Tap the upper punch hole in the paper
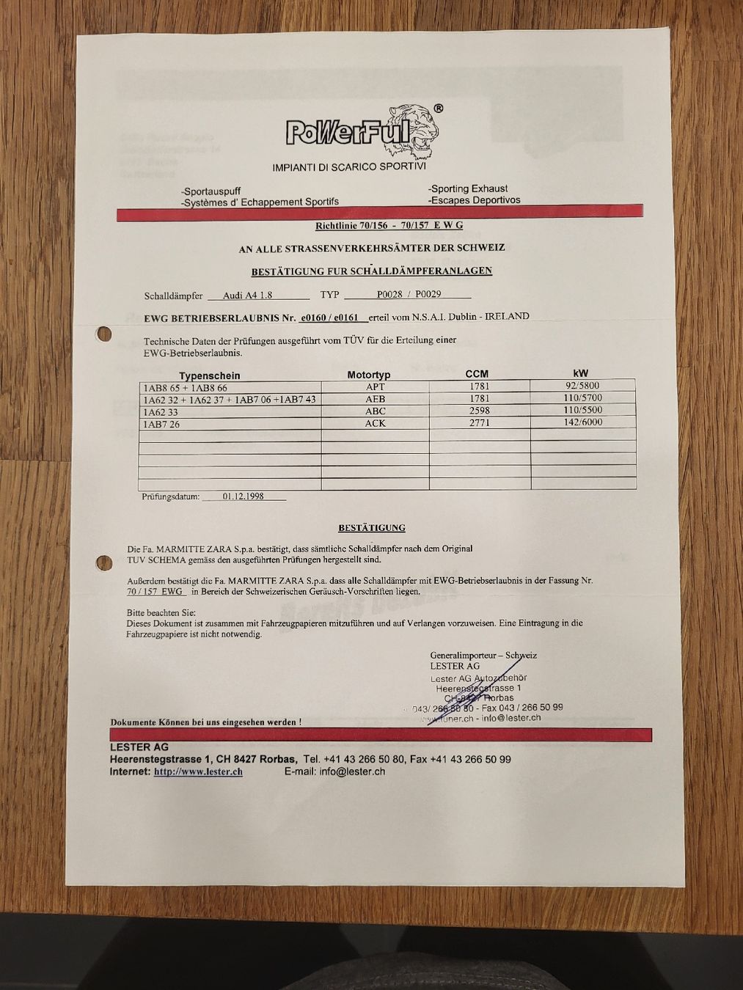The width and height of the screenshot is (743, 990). (x=103, y=334)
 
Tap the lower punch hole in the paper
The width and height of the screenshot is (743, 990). (x=102, y=563)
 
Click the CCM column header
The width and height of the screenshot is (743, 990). (x=477, y=374)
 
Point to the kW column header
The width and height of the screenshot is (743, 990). (x=581, y=373)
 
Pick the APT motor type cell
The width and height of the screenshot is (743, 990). (x=375, y=386)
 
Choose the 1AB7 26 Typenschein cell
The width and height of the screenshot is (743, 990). (x=161, y=424)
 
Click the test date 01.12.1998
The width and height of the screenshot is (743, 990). (x=243, y=496)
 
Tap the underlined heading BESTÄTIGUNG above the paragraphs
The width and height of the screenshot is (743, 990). (x=371, y=527)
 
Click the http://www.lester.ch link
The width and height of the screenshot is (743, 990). (x=198, y=771)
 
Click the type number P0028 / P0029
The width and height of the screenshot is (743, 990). (x=409, y=295)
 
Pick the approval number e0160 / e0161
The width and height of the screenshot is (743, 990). (x=329, y=318)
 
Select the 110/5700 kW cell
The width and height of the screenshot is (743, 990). (x=582, y=398)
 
